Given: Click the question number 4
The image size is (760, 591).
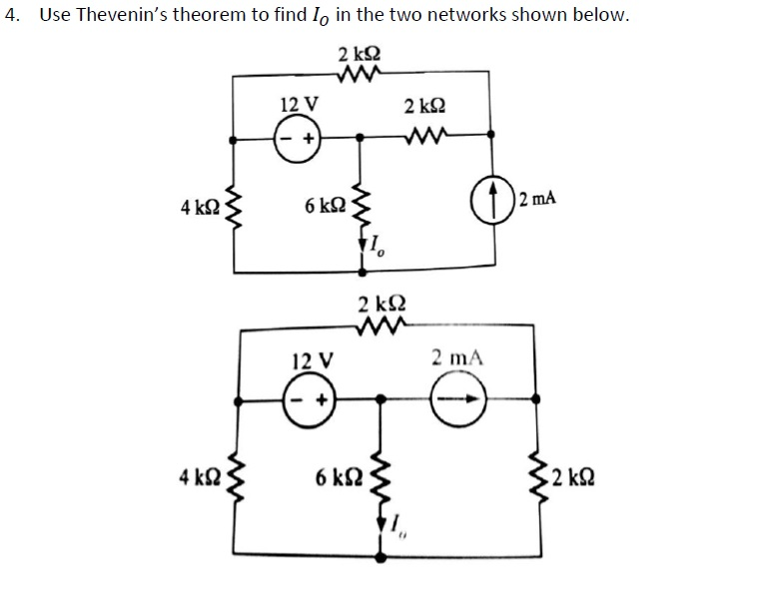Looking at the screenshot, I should tap(11, 17).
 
